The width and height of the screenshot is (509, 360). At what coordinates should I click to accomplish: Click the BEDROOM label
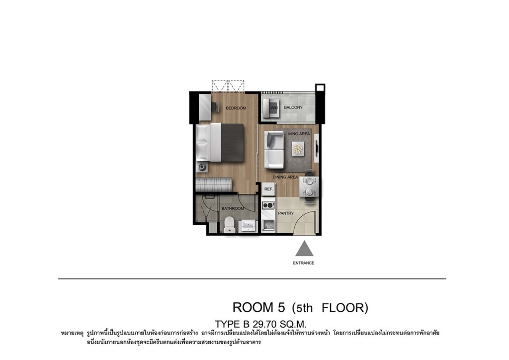pyautogui.click(x=236, y=108)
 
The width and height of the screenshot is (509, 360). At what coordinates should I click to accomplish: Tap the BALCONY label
pyautogui.click(x=293, y=107)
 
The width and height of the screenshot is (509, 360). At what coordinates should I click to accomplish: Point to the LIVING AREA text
pyautogui.click(x=297, y=134)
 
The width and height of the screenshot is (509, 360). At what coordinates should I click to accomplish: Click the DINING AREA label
pyautogui.click(x=285, y=177)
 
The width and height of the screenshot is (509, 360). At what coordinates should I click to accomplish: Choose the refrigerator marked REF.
pyautogui.click(x=268, y=189)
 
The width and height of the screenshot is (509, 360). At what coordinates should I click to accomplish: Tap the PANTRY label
pyautogui.click(x=286, y=213)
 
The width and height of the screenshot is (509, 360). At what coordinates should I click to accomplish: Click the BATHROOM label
pyautogui.click(x=233, y=208)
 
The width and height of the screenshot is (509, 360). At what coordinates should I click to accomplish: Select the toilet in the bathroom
pyautogui.click(x=229, y=224)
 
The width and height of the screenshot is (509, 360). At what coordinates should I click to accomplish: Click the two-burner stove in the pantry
pyautogui.click(x=268, y=205)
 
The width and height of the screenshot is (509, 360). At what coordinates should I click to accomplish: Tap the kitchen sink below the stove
pyautogui.click(x=268, y=225)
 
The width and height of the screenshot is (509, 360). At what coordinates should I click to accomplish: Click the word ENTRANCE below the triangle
pyautogui.click(x=304, y=263)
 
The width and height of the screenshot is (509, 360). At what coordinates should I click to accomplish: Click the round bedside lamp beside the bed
pyautogui.click(x=202, y=167)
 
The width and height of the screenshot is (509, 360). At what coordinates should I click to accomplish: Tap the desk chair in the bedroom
pyautogui.click(x=215, y=106)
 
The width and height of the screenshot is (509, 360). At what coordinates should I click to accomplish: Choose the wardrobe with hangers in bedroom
pyautogui.click(x=214, y=184)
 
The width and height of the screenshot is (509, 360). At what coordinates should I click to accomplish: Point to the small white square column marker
pyautogui.click(x=320, y=88)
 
